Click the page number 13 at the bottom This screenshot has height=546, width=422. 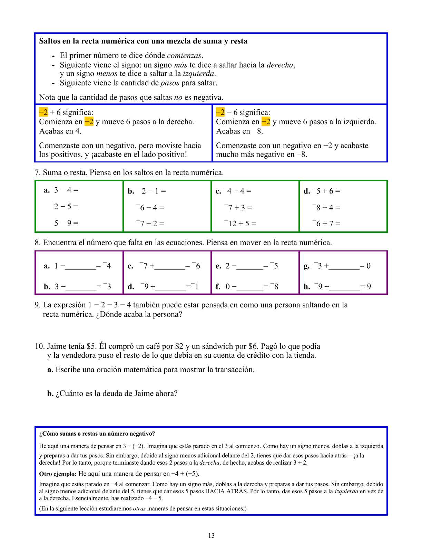click(211, 535)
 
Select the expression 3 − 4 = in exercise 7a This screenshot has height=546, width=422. click(66, 190)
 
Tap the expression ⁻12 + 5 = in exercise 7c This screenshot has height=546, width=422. click(240, 224)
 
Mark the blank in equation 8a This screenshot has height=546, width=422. click(80, 266)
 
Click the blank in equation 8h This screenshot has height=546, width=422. click(344, 287)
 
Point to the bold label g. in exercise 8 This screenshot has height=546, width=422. click(306, 266)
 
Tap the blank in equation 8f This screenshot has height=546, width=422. click(250, 287)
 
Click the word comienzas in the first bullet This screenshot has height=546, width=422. click(184, 56)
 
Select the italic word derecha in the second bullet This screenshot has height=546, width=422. click(280, 65)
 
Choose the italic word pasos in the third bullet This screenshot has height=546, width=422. click(170, 83)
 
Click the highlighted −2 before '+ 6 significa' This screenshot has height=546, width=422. click(43, 112)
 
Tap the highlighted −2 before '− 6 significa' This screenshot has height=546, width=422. click(220, 112)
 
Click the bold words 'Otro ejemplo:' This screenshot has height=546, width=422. click(58, 474)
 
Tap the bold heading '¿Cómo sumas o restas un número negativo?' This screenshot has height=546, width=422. click(97, 434)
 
